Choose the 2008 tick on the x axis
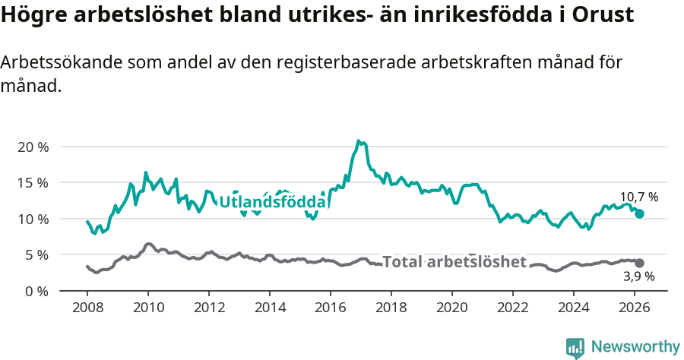87,308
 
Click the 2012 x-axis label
209,308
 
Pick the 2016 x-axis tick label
331,308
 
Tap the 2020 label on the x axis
452,308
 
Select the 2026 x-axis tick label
635,308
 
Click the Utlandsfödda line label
273,202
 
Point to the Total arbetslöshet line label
454,262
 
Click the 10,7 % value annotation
639,197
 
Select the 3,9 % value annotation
638,277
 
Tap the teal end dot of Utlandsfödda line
640,213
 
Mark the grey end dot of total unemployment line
640,263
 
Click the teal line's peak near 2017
358,141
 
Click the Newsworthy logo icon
575,347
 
